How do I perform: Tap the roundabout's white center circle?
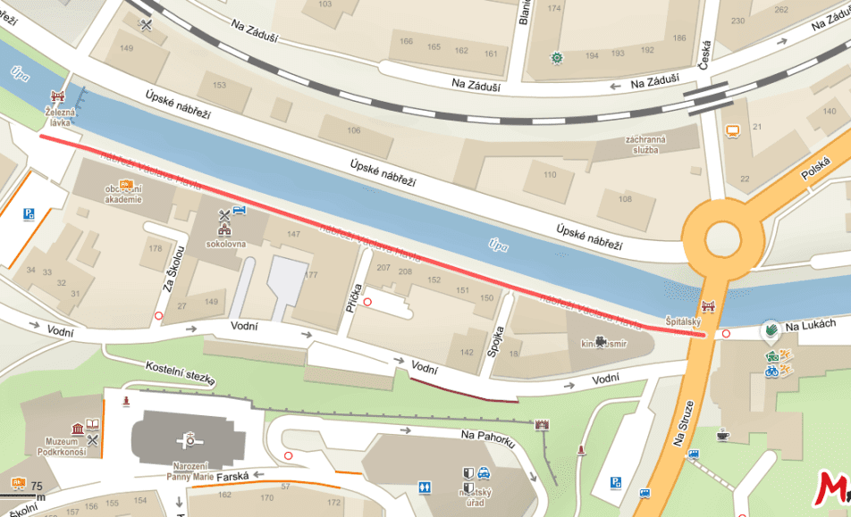pyautogui.click(x=723, y=239)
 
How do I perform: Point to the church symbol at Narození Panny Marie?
pyautogui.click(x=190, y=438)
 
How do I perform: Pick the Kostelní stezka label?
pyautogui.click(x=181, y=374)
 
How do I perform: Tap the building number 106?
pyautogui.click(x=353, y=131)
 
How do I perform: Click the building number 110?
pyautogui.click(x=550, y=174)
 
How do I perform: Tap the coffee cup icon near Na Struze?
pyautogui.click(x=722, y=434)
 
